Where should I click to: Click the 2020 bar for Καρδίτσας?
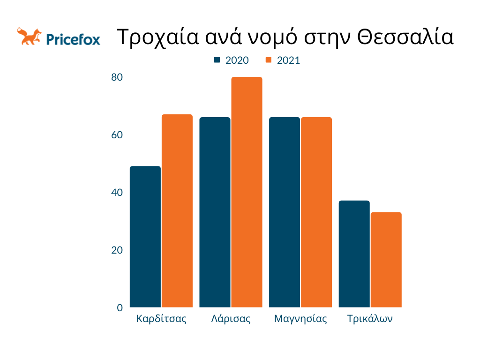pos(145,237)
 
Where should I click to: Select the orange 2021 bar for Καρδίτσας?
pos(177,211)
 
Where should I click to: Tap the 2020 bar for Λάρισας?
pos(215,212)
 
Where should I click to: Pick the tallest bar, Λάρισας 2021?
pos(247,192)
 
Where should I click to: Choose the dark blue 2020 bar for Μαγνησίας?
pos(285,212)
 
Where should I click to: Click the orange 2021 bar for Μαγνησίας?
pos(316,212)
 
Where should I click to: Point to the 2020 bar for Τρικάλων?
pos(354,254)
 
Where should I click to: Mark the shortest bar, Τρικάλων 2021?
pos(386,260)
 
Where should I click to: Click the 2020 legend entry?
pos(232,60)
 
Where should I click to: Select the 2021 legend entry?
pos(283,60)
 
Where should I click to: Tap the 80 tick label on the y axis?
pos(117,77)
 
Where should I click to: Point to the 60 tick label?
pos(117,135)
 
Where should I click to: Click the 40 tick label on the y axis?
pos(117,193)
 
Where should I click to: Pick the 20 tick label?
pos(117,250)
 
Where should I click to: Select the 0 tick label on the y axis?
pos(120,308)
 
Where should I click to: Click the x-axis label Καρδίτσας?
pos(161,319)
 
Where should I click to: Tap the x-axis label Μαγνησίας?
pos(300,319)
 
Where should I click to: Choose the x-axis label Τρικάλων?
pos(370,319)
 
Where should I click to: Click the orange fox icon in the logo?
pos(29,37)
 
